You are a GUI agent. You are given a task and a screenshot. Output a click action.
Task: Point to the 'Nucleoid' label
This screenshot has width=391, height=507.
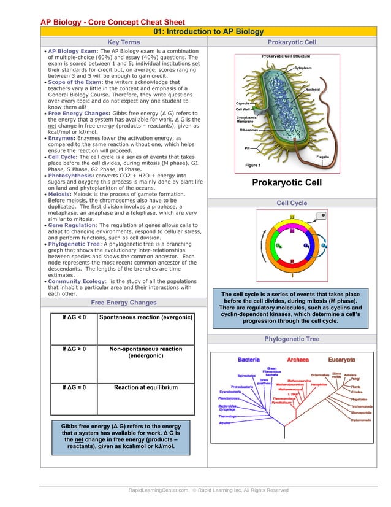(312, 89)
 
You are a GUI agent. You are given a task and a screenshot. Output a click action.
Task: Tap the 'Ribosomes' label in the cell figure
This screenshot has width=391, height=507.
(249, 130)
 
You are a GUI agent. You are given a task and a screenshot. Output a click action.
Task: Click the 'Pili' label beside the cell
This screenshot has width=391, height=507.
(248, 148)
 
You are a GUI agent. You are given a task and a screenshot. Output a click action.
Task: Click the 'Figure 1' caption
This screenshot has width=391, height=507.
(253, 165)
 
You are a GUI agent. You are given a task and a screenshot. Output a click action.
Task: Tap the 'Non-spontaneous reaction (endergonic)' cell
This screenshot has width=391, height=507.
(145, 352)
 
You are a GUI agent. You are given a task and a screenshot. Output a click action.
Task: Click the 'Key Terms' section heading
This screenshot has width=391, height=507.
(124, 42)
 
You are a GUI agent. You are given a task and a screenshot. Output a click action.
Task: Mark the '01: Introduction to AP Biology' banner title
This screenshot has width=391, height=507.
(208, 31)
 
